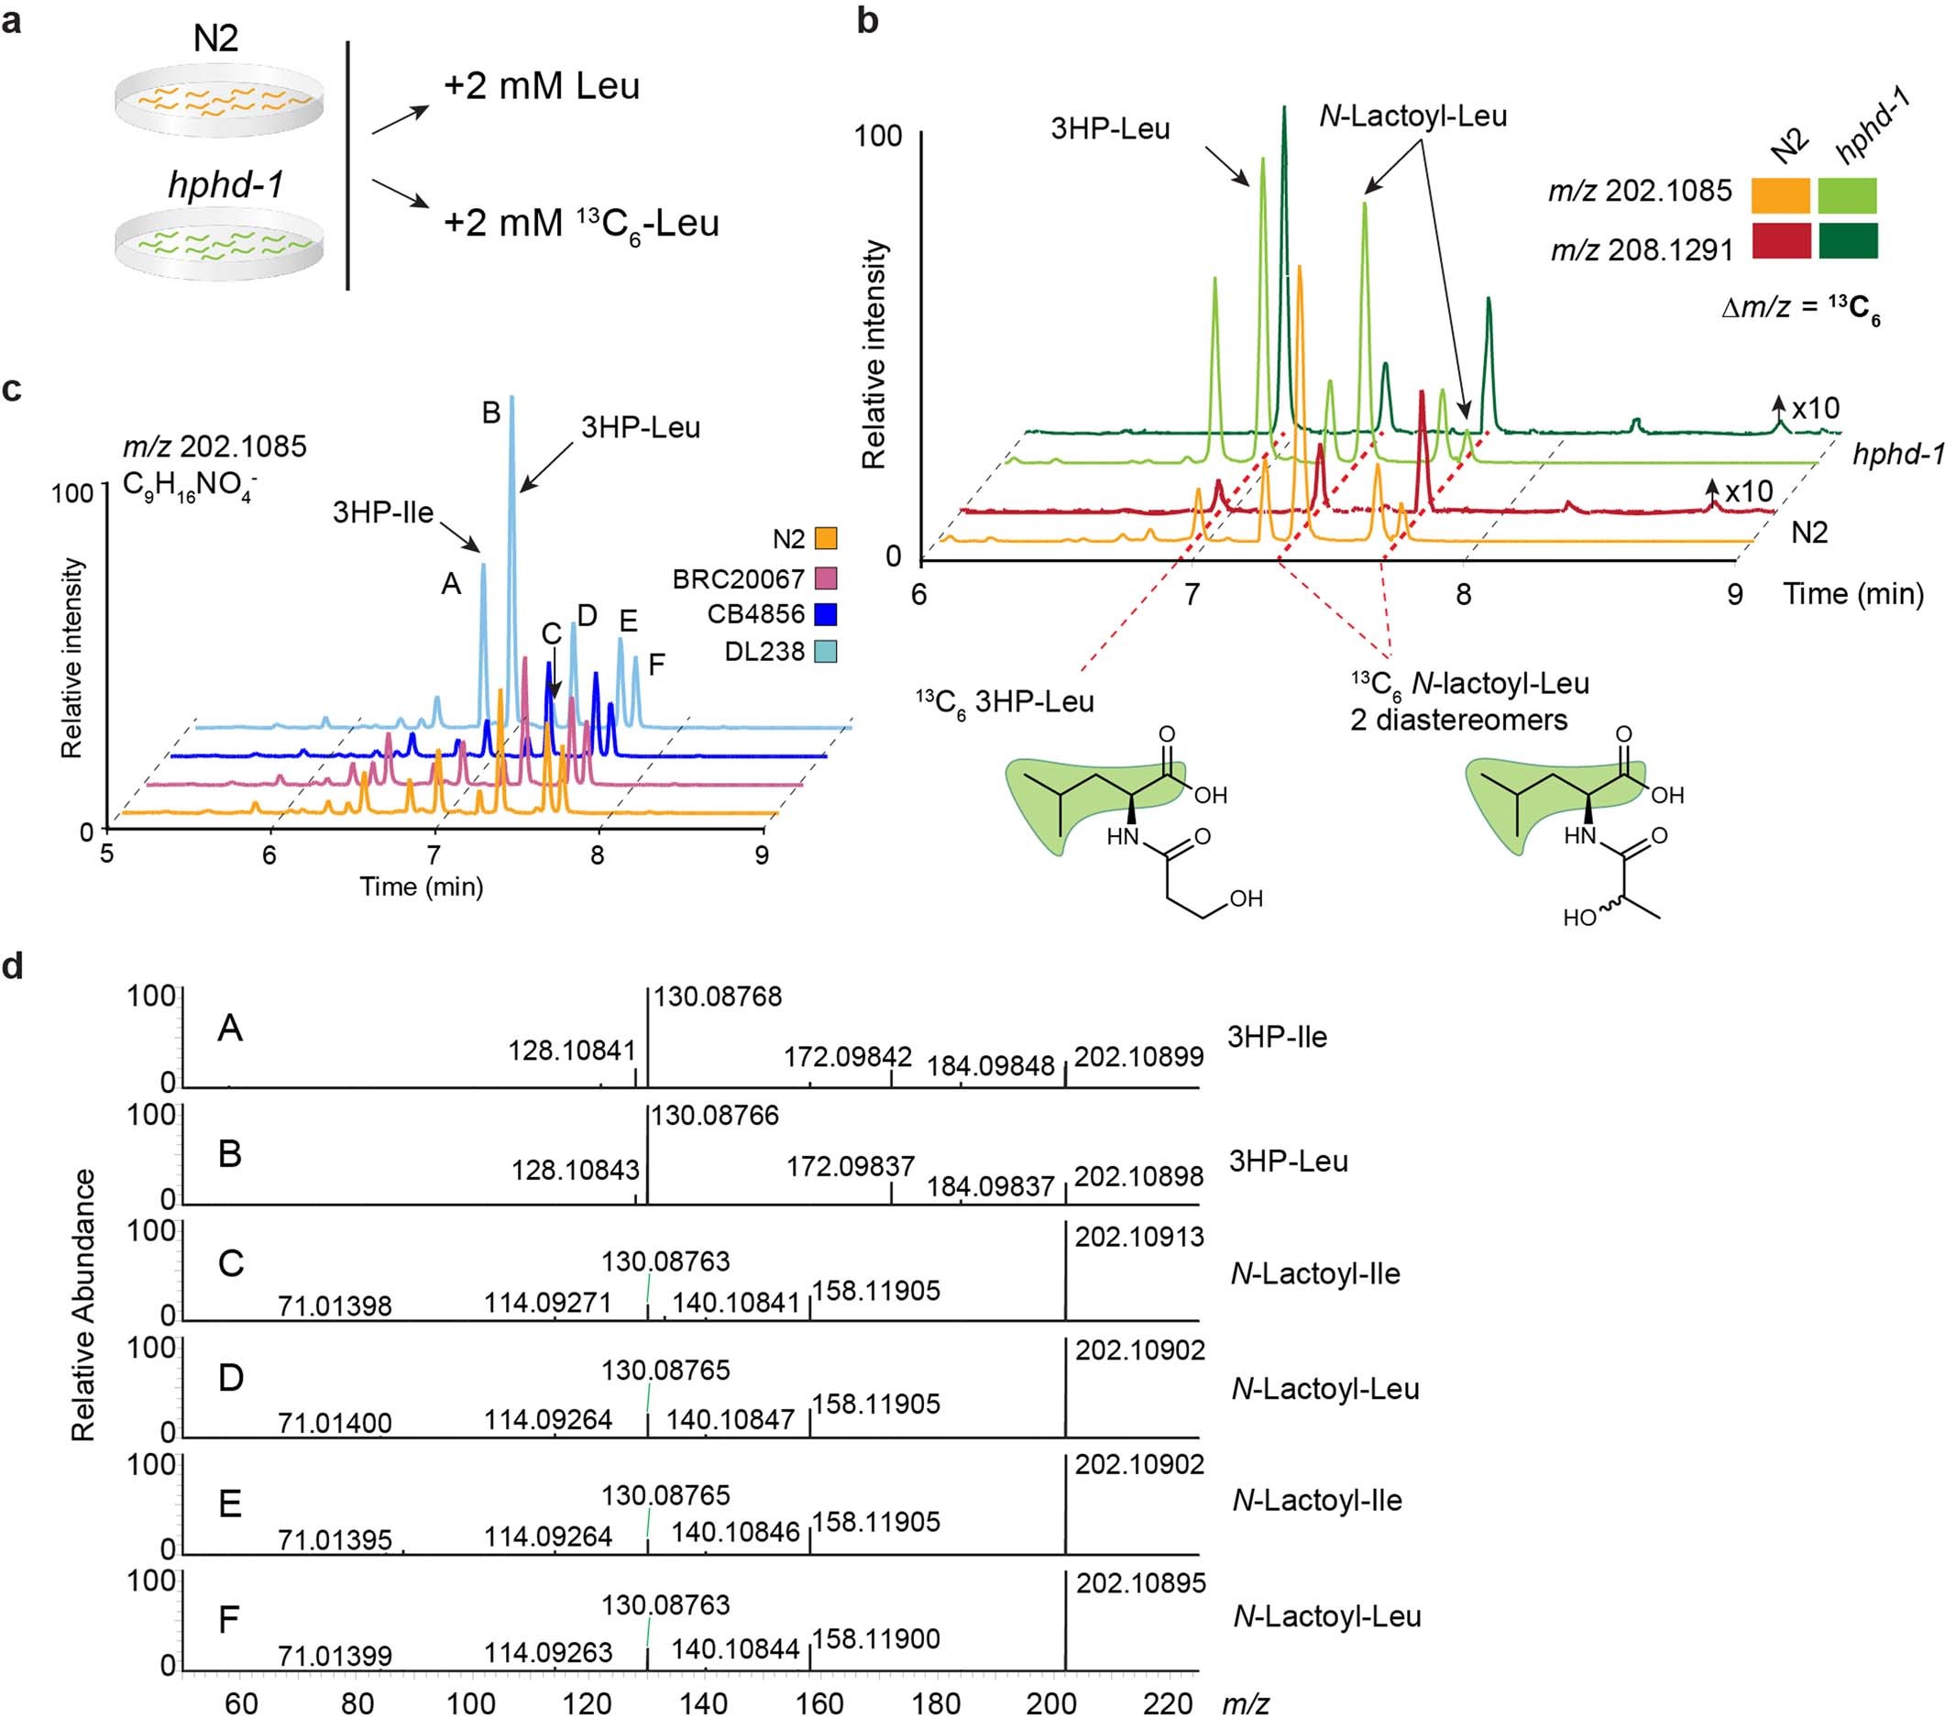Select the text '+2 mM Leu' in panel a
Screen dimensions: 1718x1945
(x=542, y=86)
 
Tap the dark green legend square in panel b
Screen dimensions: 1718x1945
(x=1848, y=241)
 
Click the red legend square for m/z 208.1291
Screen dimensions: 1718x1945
(x=1780, y=241)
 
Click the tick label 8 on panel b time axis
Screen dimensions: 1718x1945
(x=1464, y=595)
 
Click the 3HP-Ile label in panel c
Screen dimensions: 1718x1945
(x=382, y=513)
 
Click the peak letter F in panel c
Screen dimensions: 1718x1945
(x=655, y=665)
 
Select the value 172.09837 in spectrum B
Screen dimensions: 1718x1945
(x=850, y=1166)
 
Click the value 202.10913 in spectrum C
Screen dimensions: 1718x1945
(x=1139, y=1237)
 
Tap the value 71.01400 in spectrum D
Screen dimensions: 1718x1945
(x=334, y=1423)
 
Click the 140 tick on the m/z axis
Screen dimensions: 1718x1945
(x=702, y=1702)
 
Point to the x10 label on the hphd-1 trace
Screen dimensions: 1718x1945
(x=1816, y=408)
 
